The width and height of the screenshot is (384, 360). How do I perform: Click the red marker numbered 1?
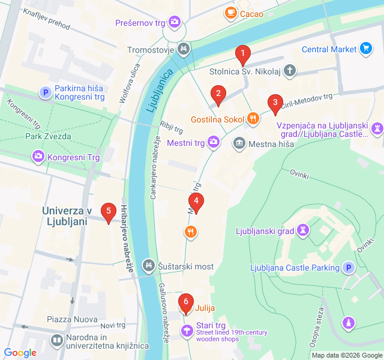(242, 55)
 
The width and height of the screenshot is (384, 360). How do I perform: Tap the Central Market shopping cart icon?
(366, 49)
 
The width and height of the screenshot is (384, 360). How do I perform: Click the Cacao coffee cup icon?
(230, 13)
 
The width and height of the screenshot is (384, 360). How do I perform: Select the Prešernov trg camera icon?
(175, 23)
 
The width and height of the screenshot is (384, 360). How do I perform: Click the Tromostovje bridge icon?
(184, 49)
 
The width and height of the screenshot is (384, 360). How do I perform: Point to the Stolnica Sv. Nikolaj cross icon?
(290, 71)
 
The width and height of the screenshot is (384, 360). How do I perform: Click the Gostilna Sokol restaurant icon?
(253, 119)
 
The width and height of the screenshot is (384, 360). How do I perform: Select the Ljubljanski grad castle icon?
(304, 230)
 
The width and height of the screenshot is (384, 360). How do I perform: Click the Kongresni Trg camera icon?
(38, 157)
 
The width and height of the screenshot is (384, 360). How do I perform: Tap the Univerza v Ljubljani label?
(66, 216)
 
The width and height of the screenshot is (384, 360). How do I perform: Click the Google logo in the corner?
(20, 353)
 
